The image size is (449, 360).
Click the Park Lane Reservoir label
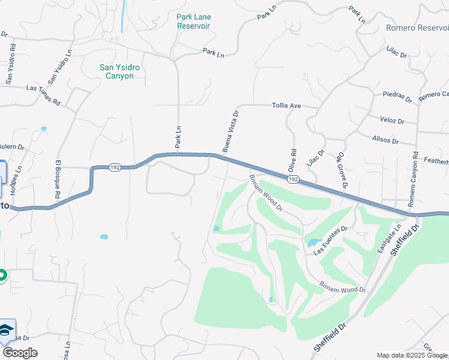tap(193, 22)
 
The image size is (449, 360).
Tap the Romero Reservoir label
tap(417, 28)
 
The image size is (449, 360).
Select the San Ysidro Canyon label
tap(119, 72)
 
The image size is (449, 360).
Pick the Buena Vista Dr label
tap(231, 131)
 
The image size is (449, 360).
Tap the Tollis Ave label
tap(286, 106)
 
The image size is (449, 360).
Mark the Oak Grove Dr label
tap(342, 169)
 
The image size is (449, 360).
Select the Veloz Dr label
tap(392, 121)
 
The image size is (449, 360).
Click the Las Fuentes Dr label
tap(330, 241)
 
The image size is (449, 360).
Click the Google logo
tap(20, 353)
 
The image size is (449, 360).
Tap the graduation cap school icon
tap(7, 331)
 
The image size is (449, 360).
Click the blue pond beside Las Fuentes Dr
tap(313, 243)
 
